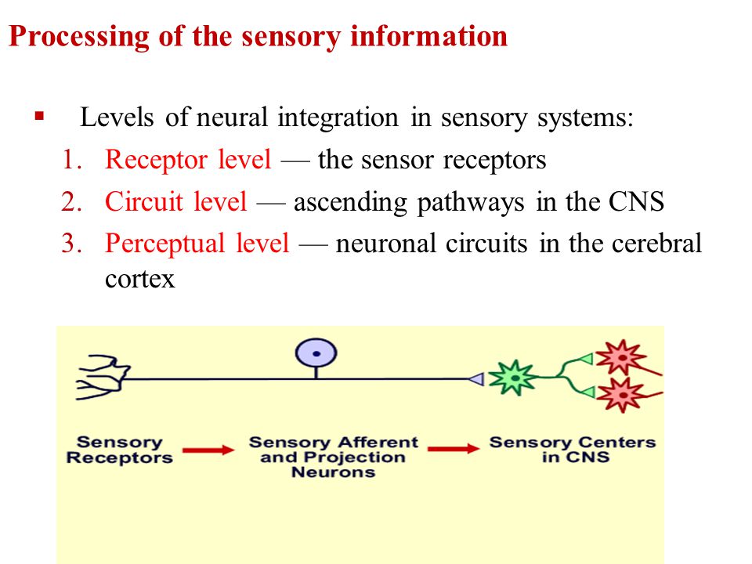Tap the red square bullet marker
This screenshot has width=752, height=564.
tap(39, 116)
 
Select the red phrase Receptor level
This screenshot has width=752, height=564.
tap(188, 159)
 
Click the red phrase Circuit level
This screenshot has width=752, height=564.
tap(176, 201)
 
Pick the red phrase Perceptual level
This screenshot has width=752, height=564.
tap(197, 244)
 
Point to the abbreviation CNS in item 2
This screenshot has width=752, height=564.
tap(636, 201)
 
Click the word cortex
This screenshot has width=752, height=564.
tap(140, 279)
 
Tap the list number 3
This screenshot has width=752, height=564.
tap(71, 243)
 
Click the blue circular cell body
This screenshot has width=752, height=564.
tap(316, 353)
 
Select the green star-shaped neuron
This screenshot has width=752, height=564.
tap(514, 378)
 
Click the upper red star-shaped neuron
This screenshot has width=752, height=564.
tap(622, 357)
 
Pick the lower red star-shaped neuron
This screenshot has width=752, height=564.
tap(622, 395)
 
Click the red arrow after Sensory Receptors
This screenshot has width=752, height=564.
tap(208, 450)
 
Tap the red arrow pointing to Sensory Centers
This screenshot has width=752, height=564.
tap(454, 449)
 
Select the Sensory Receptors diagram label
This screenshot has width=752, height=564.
tap(119, 450)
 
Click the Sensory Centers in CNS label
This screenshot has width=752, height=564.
tap(573, 450)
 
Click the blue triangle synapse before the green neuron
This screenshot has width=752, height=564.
tap(477, 379)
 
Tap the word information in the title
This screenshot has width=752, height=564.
tap(428, 36)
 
